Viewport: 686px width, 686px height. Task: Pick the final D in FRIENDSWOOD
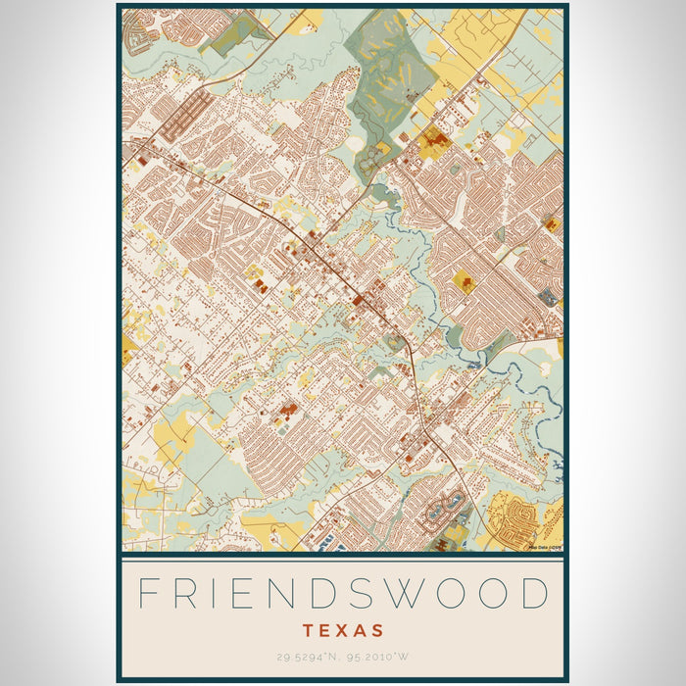coord(533,595)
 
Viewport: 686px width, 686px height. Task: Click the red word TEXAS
coord(343,630)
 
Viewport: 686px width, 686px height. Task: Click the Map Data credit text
coord(545,547)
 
